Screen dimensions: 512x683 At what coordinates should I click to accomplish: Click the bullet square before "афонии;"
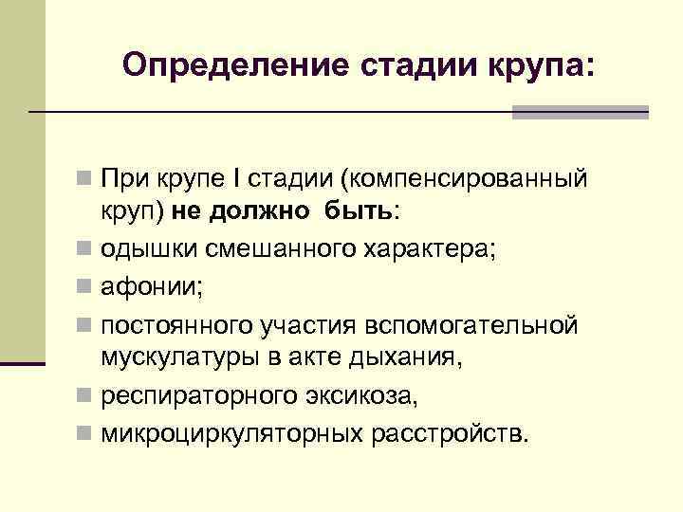(x=84, y=288)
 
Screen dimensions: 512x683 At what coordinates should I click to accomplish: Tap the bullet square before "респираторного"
(x=84, y=396)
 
